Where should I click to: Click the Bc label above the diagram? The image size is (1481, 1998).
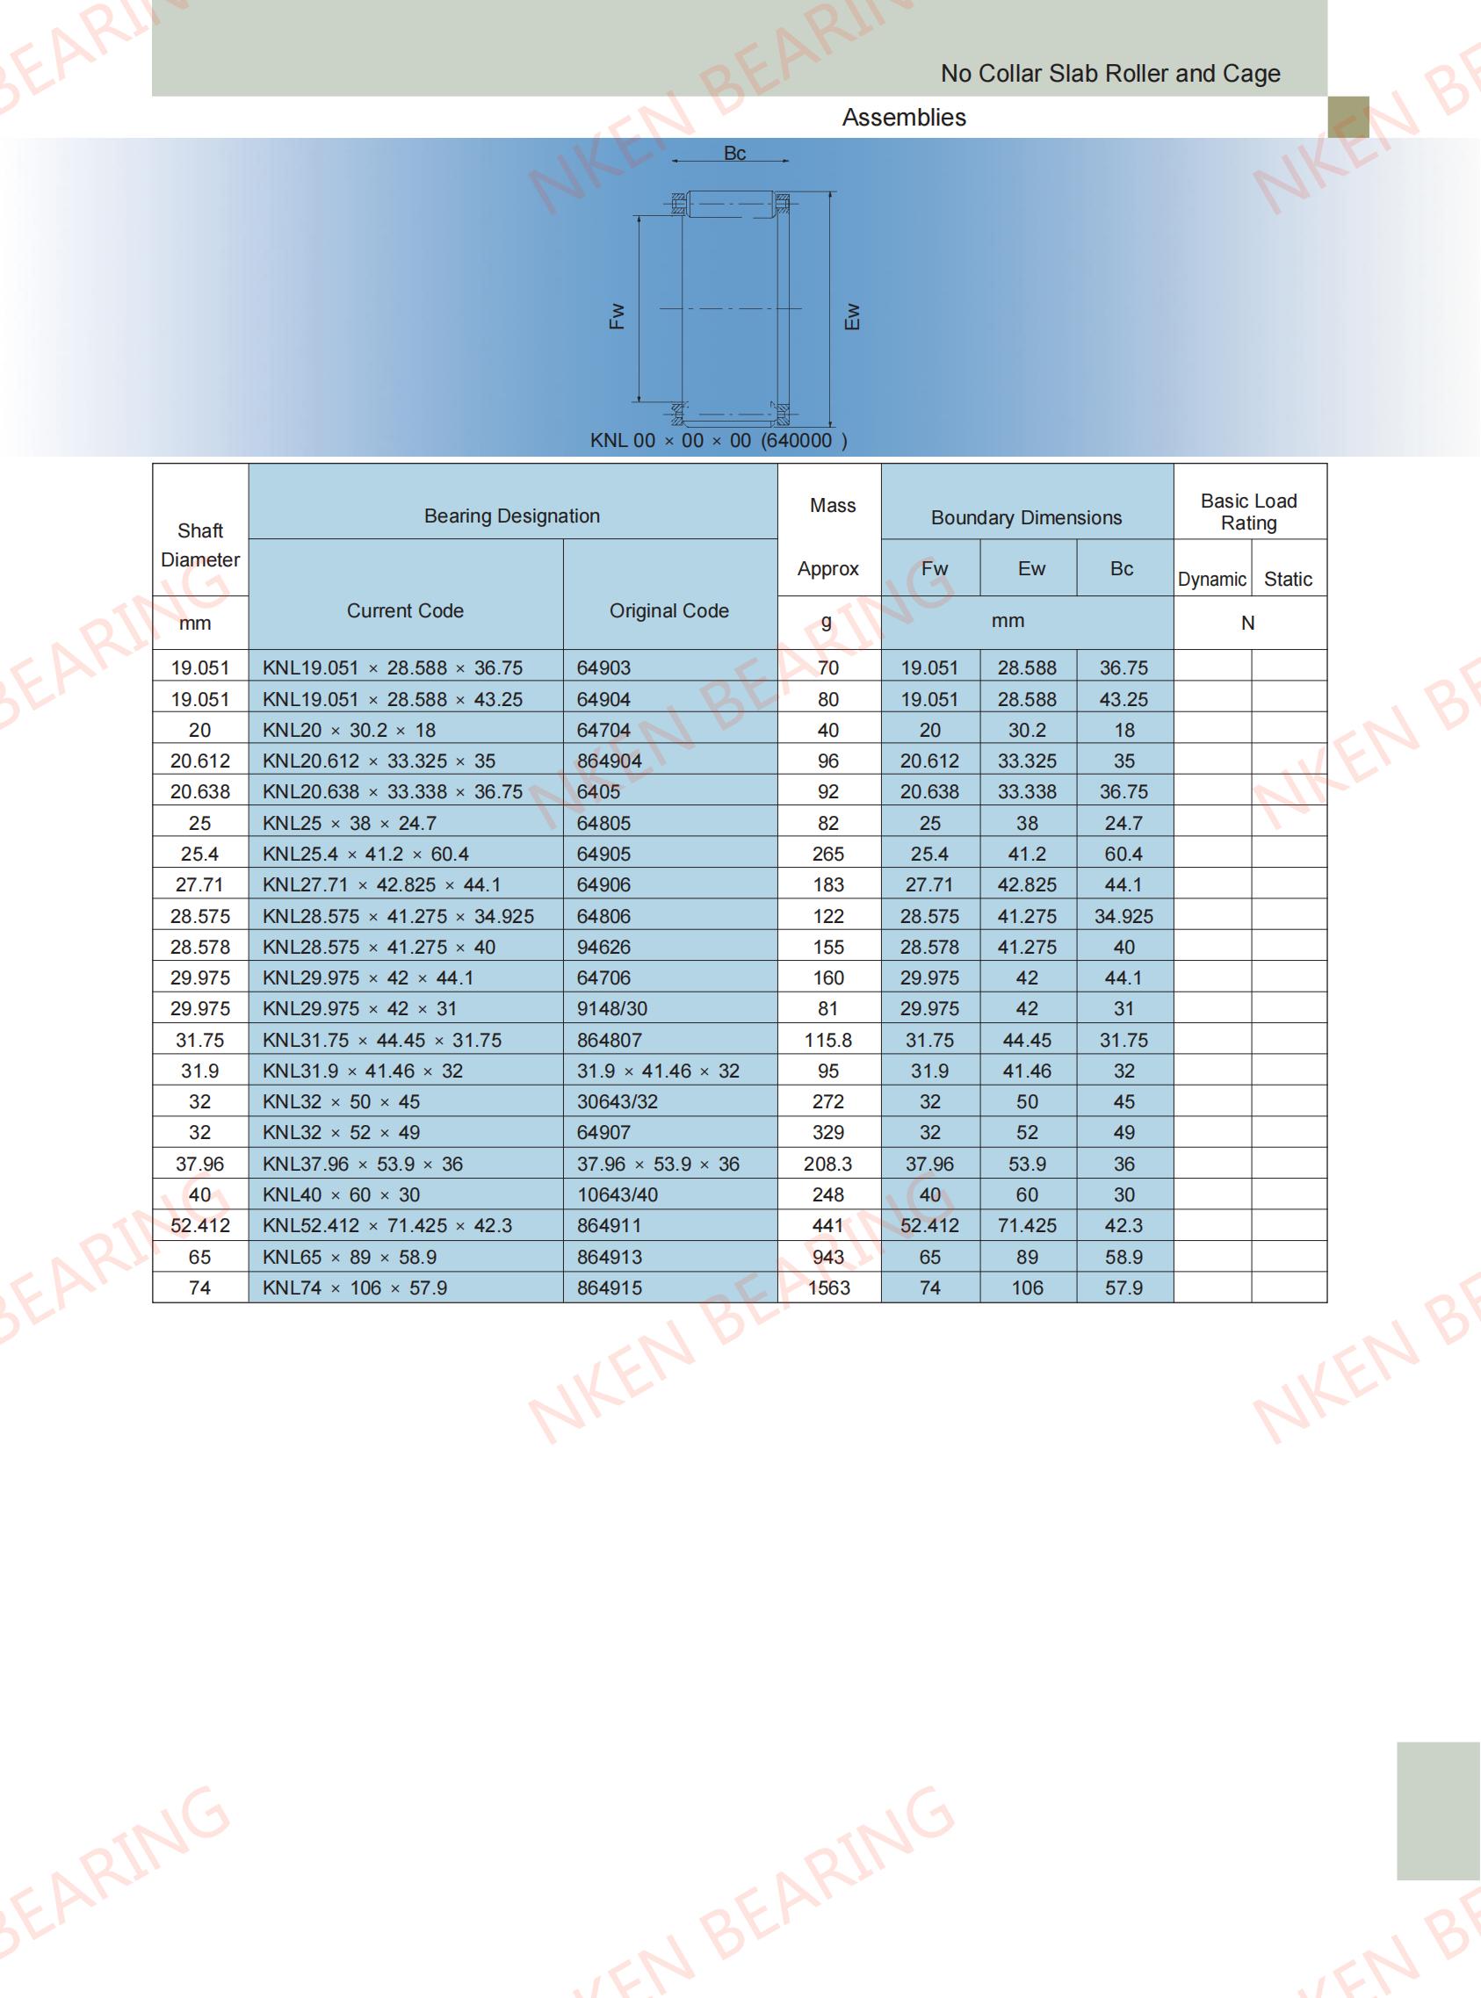[734, 154]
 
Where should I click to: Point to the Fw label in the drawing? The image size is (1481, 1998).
[617, 316]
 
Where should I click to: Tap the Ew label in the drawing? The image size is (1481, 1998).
[853, 316]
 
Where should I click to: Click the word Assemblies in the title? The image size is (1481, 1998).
[904, 118]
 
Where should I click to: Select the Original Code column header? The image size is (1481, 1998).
[668, 610]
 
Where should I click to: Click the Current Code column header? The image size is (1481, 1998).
[405, 610]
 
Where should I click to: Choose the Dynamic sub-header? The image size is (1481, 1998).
[1211, 579]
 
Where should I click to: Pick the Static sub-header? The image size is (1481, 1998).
[1288, 579]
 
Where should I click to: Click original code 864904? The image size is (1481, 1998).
[610, 761]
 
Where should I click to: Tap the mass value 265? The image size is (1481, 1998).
[828, 855]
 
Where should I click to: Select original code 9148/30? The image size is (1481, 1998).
[612, 1008]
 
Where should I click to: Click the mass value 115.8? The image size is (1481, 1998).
[828, 1040]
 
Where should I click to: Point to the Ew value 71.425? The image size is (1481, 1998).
[1027, 1225]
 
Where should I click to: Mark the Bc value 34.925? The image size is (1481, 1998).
[1123, 916]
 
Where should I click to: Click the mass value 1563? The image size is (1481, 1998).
[828, 1288]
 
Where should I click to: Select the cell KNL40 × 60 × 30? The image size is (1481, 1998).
[342, 1195]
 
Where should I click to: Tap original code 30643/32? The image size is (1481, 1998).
[618, 1101]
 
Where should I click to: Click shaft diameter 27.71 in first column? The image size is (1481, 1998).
[199, 884]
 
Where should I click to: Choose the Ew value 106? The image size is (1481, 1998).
[1027, 1288]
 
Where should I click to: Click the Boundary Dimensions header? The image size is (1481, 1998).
[1027, 517]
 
